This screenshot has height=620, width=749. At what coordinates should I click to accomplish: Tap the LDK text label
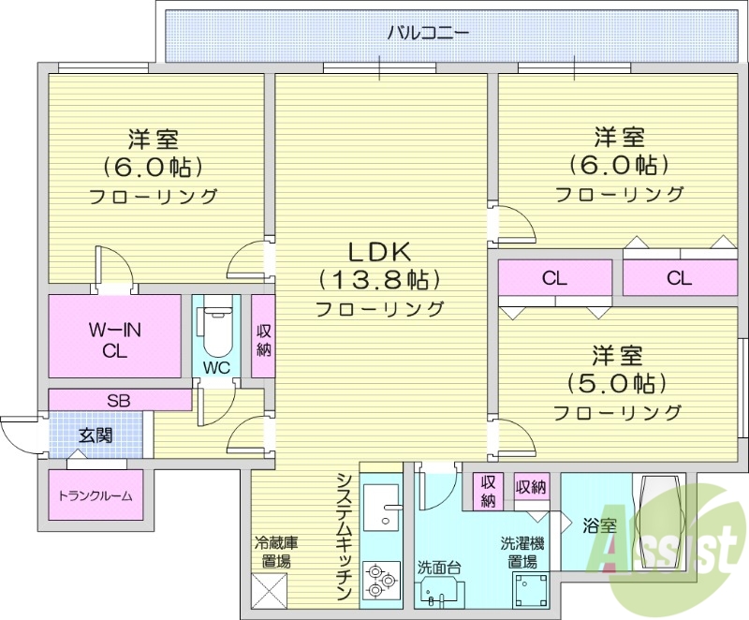[x=379, y=252]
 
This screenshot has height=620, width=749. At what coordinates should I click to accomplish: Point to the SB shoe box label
[x=118, y=401]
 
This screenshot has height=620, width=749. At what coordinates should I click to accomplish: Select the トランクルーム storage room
[x=95, y=495]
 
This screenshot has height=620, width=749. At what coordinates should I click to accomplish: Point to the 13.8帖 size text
[x=379, y=279]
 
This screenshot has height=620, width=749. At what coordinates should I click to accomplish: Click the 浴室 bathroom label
[x=598, y=525]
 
